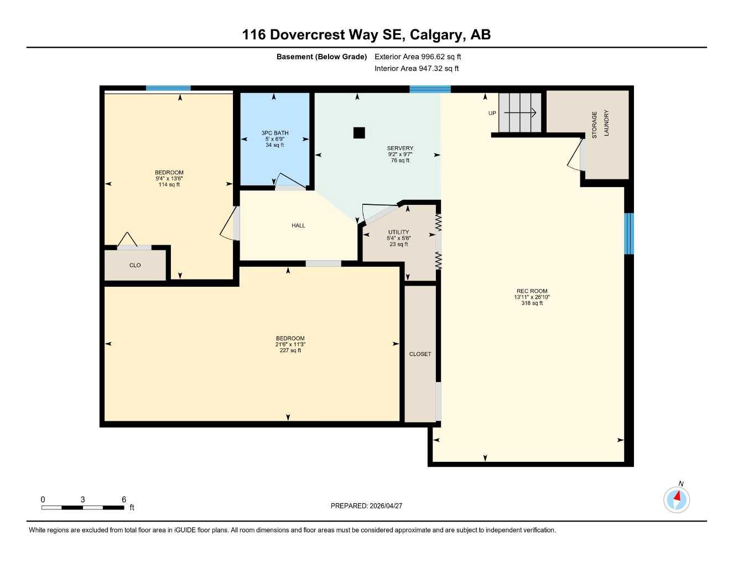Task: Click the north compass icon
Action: point(677,499)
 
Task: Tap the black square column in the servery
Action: point(359,133)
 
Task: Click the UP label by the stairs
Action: point(492,114)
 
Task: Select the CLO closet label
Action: point(135,265)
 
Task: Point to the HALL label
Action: point(298,225)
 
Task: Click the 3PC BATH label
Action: point(275,133)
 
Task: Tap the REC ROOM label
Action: point(532,291)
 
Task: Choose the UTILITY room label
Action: point(398,232)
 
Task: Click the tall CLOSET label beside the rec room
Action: point(420,354)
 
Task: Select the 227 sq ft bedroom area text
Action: point(290,350)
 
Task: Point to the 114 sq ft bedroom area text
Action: point(169,185)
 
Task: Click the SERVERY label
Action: point(400,148)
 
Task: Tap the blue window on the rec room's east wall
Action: point(628,234)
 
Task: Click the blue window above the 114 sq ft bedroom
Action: point(168,88)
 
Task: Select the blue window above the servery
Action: point(430,89)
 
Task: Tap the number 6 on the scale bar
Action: point(124,499)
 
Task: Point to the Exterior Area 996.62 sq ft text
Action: point(418,56)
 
